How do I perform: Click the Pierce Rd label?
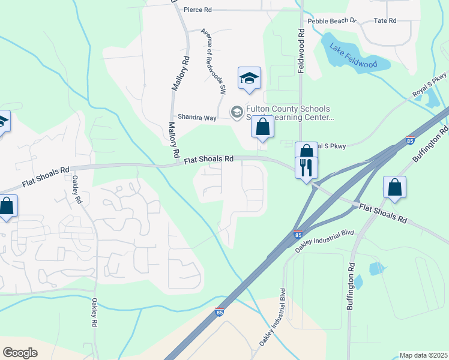tap(198, 10)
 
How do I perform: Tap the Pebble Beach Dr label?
tap(332, 21)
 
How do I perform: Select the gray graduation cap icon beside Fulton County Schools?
tap(237, 112)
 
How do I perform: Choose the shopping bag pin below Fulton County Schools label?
tap(262, 127)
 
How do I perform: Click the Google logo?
tap(20, 353)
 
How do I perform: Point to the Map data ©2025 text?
tap(423, 355)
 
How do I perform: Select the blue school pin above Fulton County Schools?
tap(249, 78)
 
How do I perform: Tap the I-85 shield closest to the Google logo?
tap(220, 313)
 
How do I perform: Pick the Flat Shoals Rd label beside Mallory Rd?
tap(208, 160)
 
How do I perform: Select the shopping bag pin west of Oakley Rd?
tap(7, 206)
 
